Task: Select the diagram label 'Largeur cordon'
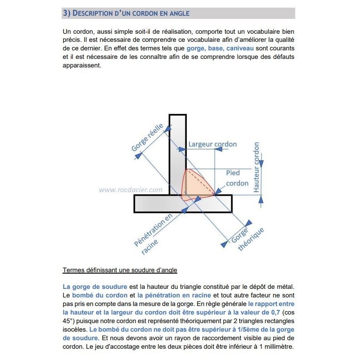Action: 212,144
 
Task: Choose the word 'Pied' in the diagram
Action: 233,173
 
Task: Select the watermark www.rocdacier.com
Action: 130,190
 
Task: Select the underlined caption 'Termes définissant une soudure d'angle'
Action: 120,270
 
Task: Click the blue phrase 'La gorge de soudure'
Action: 95,287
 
